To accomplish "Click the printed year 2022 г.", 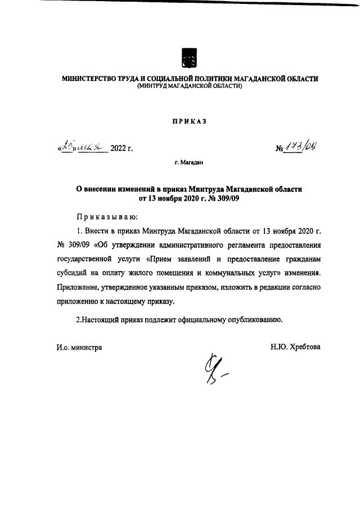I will click(121, 149).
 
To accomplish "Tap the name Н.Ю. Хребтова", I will click(295, 348).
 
